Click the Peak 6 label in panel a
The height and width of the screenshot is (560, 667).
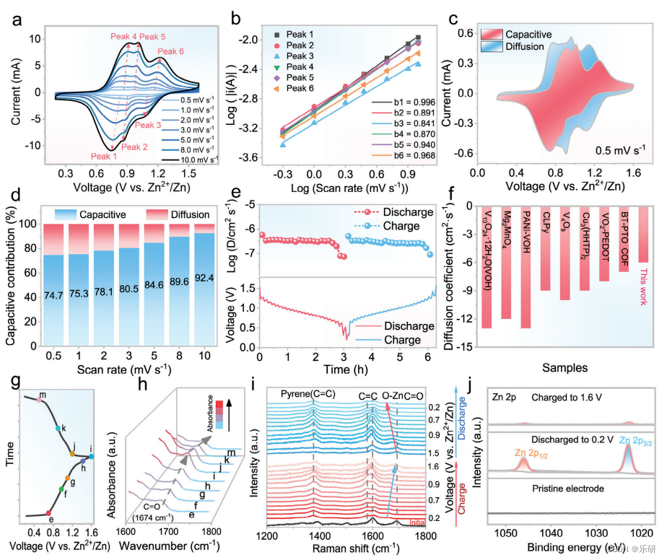(x=170, y=52)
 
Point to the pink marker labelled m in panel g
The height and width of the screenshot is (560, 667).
(x=40, y=399)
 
